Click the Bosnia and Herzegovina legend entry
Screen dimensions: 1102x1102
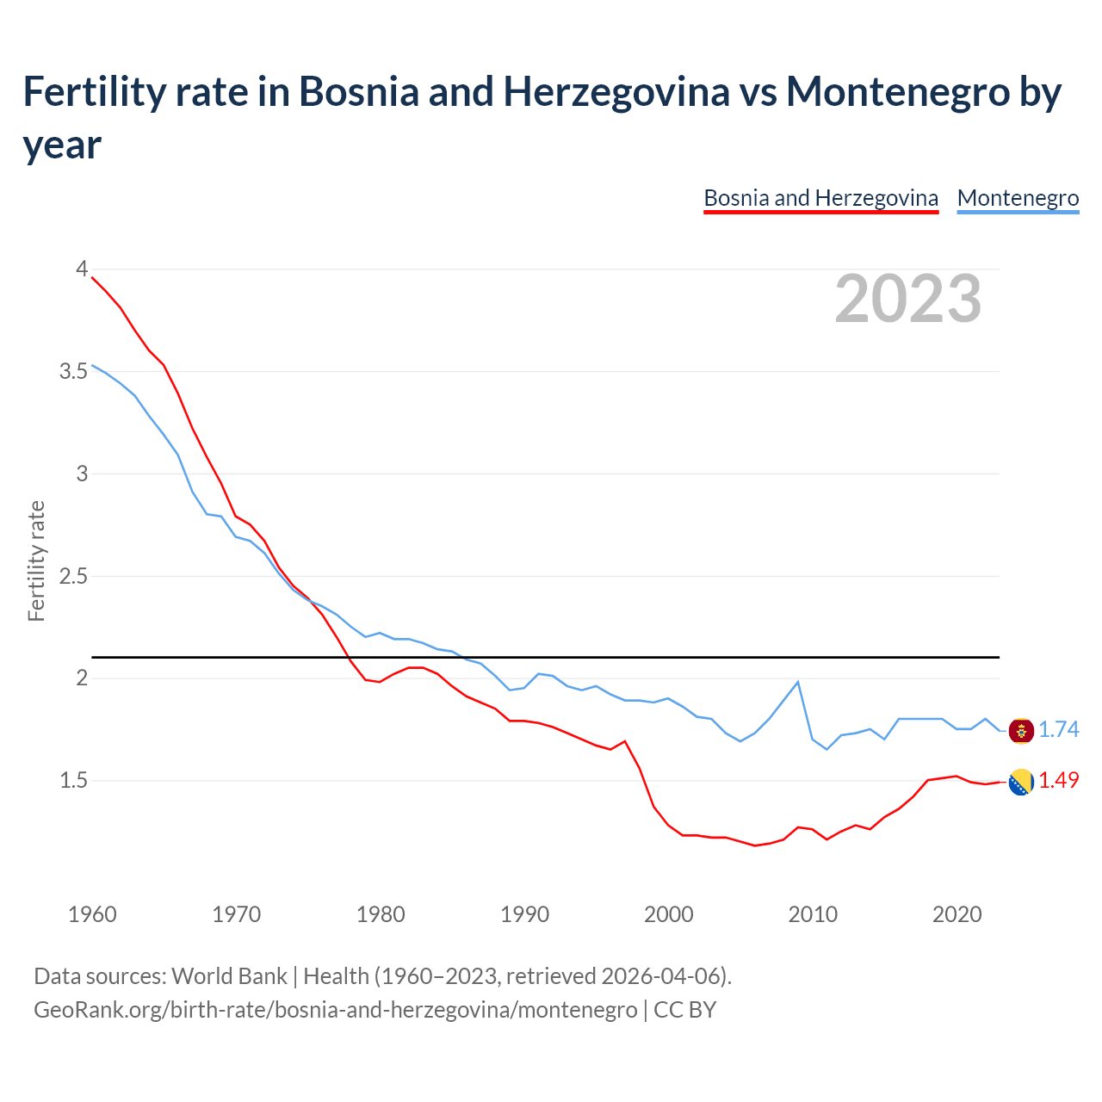pyautogui.click(x=820, y=198)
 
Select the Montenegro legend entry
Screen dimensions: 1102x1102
pyautogui.click(x=1018, y=198)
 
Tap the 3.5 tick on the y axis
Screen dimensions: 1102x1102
pyautogui.click(x=73, y=372)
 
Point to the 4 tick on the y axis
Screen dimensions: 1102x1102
pyautogui.click(x=82, y=269)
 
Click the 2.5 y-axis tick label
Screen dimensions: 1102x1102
pyautogui.click(x=73, y=576)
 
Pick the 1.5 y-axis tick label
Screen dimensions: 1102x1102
pyautogui.click(x=73, y=781)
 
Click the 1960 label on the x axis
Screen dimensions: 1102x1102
pyautogui.click(x=92, y=914)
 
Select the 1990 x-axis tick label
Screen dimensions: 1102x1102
pyautogui.click(x=524, y=914)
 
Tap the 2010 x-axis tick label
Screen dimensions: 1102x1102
pyautogui.click(x=813, y=914)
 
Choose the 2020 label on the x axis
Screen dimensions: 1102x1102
pyautogui.click(x=957, y=914)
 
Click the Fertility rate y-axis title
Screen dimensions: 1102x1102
pyautogui.click(x=36, y=560)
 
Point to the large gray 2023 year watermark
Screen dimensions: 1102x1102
pyautogui.click(x=908, y=299)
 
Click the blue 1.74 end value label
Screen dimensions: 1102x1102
pyautogui.click(x=1058, y=730)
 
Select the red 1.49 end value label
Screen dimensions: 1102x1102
pyautogui.click(x=1058, y=781)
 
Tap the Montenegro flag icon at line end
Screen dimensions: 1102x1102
pyautogui.click(x=1021, y=731)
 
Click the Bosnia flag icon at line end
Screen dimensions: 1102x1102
pyautogui.click(x=1021, y=782)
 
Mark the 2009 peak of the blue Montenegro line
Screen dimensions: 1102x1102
pyautogui.click(x=798, y=682)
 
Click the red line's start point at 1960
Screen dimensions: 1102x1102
pyautogui.click(x=92, y=277)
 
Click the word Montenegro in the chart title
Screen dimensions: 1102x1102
pyautogui.click(x=896, y=92)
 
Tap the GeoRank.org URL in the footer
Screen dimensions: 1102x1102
pyautogui.click(x=335, y=1009)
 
